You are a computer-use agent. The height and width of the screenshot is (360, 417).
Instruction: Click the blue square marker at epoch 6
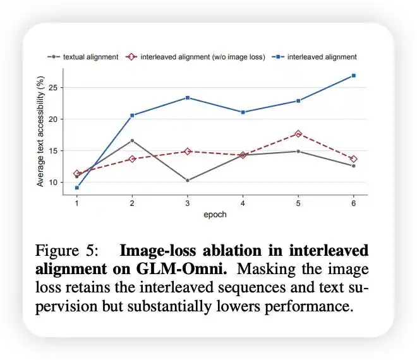(354, 76)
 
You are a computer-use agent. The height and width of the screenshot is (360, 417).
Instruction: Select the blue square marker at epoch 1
(77, 188)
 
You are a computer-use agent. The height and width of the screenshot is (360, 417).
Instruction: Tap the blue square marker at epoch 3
(188, 98)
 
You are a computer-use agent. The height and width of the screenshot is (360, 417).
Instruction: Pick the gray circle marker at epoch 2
(132, 140)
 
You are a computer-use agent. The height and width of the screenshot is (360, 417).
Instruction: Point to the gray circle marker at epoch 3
(188, 181)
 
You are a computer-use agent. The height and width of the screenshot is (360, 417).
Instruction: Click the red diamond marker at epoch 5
(298, 134)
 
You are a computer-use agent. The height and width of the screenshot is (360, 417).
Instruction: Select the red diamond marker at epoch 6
(354, 159)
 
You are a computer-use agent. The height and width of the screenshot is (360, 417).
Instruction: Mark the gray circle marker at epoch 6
(354, 166)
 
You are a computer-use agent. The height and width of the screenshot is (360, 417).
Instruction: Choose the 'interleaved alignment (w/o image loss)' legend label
(203, 57)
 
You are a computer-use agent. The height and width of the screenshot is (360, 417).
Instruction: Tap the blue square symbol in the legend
(278, 57)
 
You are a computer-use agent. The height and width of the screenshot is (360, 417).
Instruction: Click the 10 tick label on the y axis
(53, 183)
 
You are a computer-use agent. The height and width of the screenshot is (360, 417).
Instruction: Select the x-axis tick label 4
(243, 203)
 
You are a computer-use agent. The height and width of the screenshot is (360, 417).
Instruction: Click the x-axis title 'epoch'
(215, 215)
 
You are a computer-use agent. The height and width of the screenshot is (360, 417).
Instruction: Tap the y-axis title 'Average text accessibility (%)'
(40, 131)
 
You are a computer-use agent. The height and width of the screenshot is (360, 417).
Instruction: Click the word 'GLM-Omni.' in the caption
(181, 269)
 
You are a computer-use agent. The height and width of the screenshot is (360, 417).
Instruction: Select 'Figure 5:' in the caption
(66, 251)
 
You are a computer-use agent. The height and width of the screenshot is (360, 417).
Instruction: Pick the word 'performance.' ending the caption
(309, 306)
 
